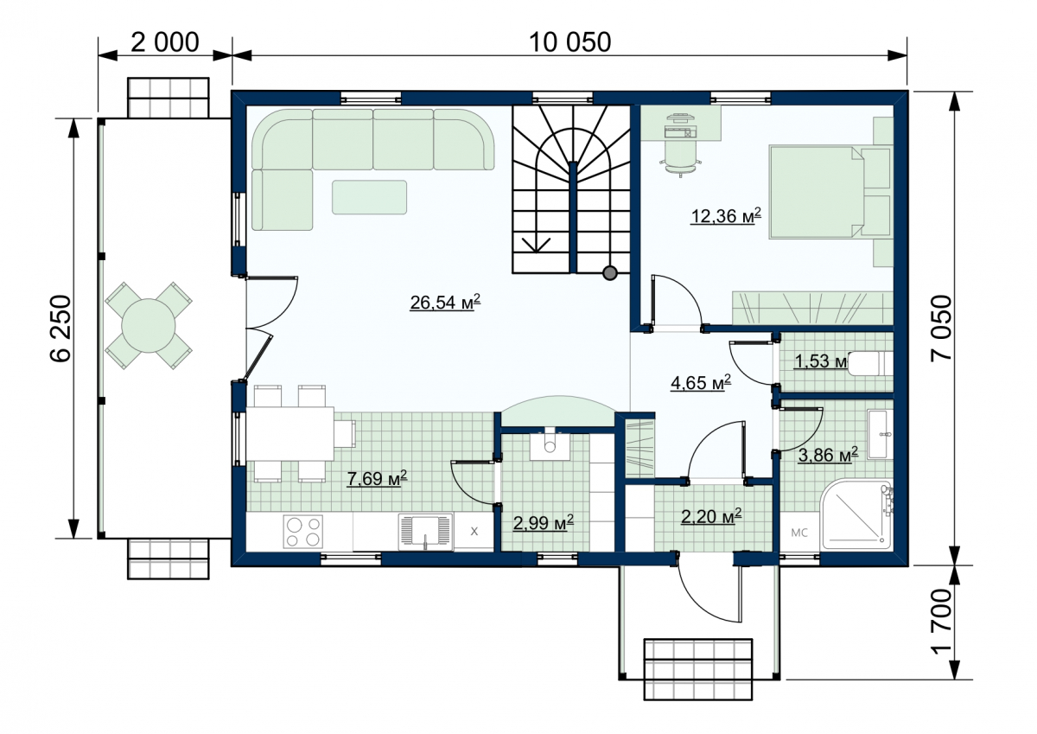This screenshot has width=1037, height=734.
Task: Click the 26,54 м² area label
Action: pos(445,303)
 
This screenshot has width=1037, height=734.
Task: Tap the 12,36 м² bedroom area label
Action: pos(725,215)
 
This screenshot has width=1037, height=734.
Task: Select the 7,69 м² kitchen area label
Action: pos(377,478)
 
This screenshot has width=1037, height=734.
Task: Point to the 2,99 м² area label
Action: pos(543,523)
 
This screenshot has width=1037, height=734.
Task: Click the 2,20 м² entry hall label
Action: pos(711,516)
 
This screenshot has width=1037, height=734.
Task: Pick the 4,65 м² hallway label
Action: pos(701,382)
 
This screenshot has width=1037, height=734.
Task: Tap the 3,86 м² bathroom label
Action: pos(828,455)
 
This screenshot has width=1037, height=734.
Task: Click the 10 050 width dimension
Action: pos(569,42)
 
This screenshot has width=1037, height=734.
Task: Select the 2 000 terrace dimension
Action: pos(165,42)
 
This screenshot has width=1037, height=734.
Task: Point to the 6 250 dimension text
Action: pos(60,329)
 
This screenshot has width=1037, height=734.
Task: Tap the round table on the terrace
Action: pos(149,326)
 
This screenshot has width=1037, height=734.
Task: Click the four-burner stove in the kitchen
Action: pos(303,532)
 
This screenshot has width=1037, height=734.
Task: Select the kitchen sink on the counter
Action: pos(425,532)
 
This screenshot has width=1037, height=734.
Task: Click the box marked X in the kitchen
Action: pos(474,531)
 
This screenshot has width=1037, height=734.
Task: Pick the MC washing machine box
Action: pos(799,533)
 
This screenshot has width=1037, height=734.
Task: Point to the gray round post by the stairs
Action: pos(610,273)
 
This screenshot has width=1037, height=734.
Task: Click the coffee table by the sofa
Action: pos(370,197)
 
